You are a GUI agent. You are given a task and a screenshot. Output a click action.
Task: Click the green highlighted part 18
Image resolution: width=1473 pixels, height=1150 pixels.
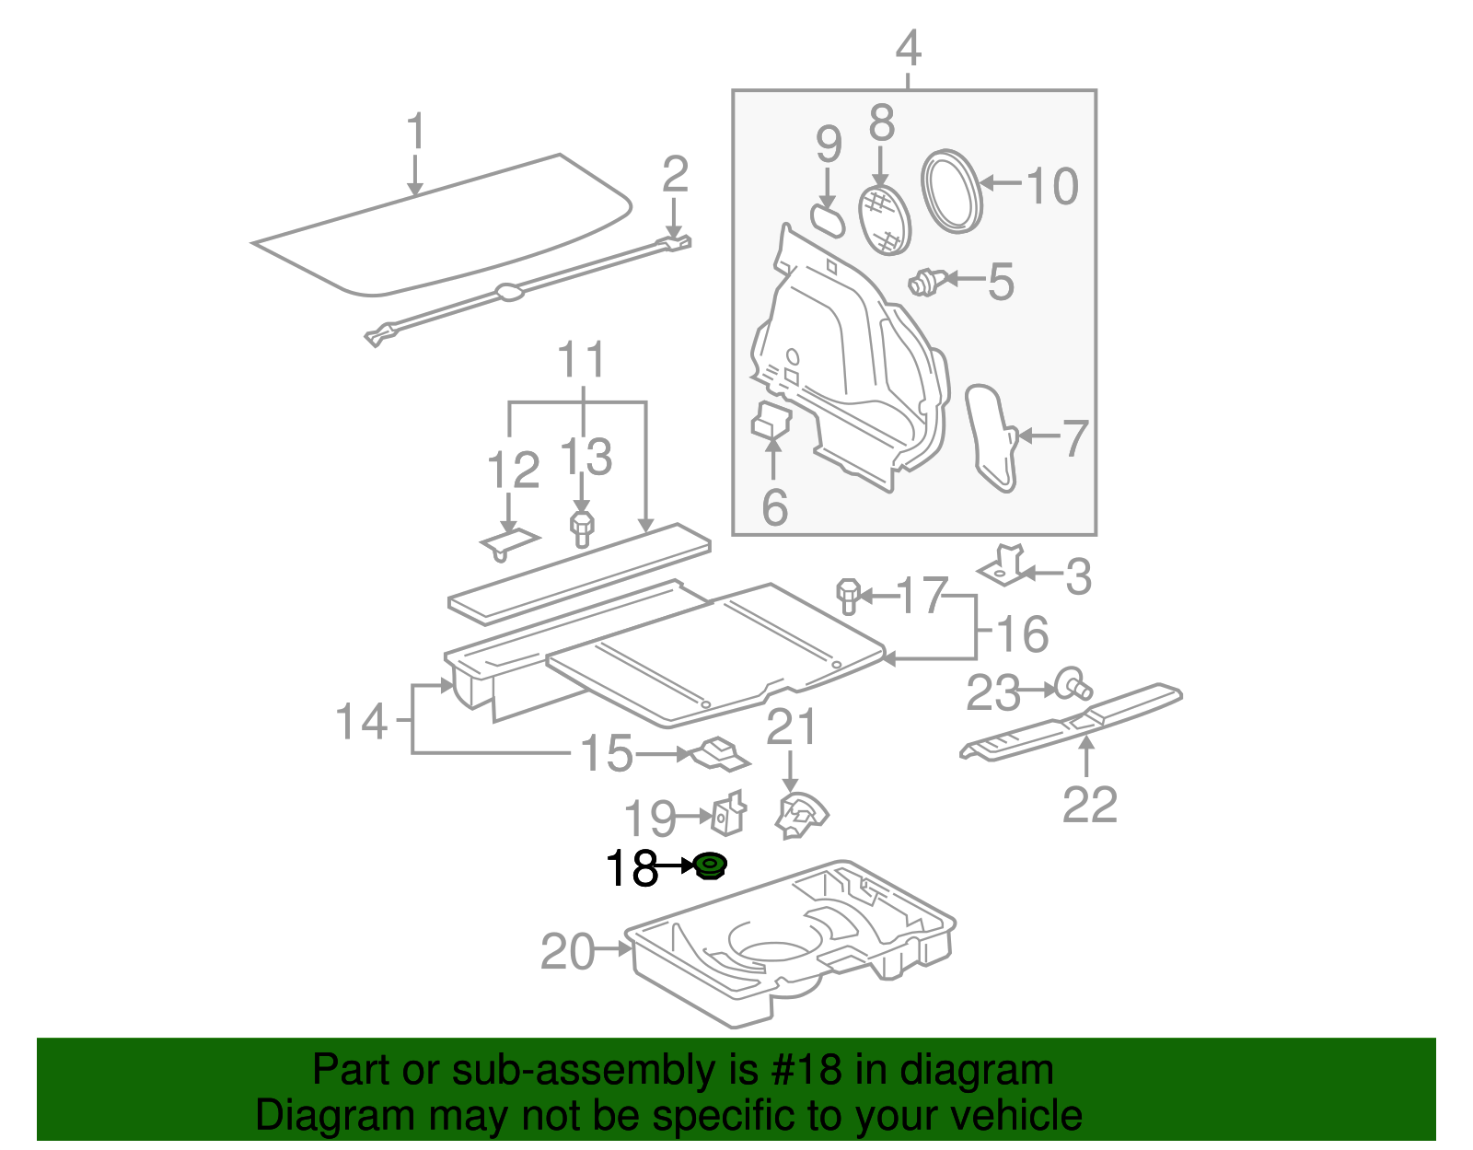(x=709, y=865)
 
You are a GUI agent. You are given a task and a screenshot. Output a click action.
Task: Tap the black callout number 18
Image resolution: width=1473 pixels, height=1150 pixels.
(x=632, y=868)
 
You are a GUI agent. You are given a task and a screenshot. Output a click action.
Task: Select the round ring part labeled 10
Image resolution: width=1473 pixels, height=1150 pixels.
(x=952, y=192)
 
